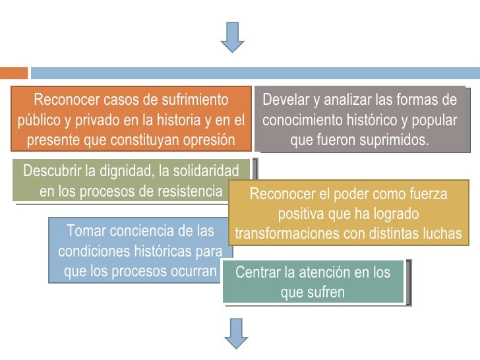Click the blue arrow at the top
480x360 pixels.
pos(232,37)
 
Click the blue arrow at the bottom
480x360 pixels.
pos(235,333)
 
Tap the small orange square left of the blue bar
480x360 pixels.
pos(13,73)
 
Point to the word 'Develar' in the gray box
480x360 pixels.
pos(285,100)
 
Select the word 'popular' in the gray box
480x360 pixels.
pos(431,121)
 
